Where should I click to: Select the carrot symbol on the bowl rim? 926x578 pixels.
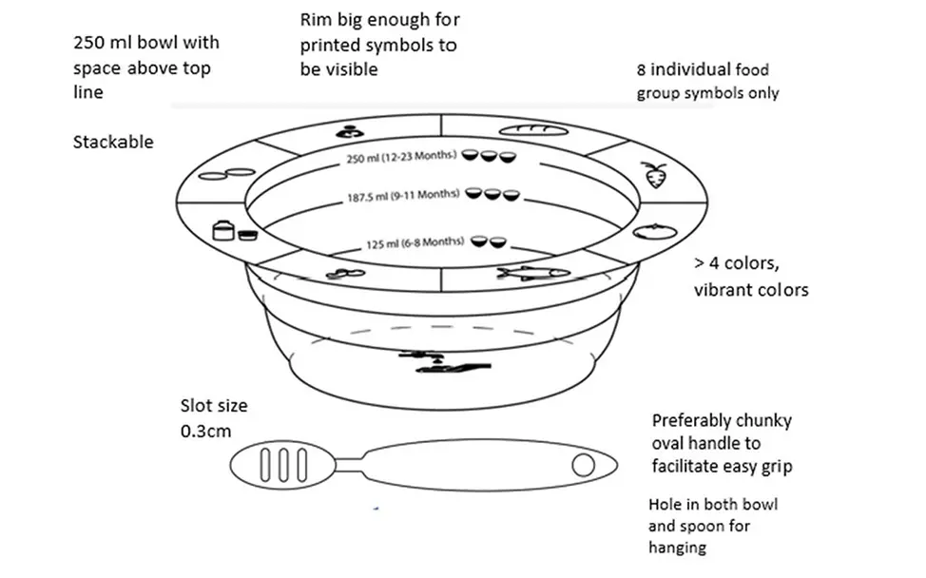pyautogui.click(x=653, y=176)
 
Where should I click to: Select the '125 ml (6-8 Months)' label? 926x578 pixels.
pyautogui.click(x=415, y=242)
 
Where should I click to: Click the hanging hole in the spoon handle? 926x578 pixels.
pyautogui.click(x=583, y=465)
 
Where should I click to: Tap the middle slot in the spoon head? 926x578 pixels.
pyautogui.click(x=281, y=466)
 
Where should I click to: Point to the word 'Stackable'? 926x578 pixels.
pyautogui.click(x=113, y=142)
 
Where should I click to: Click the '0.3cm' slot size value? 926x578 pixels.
pyautogui.click(x=205, y=430)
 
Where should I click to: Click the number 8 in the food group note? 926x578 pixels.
pyautogui.click(x=642, y=69)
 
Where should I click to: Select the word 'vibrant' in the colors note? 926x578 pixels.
pyautogui.click(x=722, y=289)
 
